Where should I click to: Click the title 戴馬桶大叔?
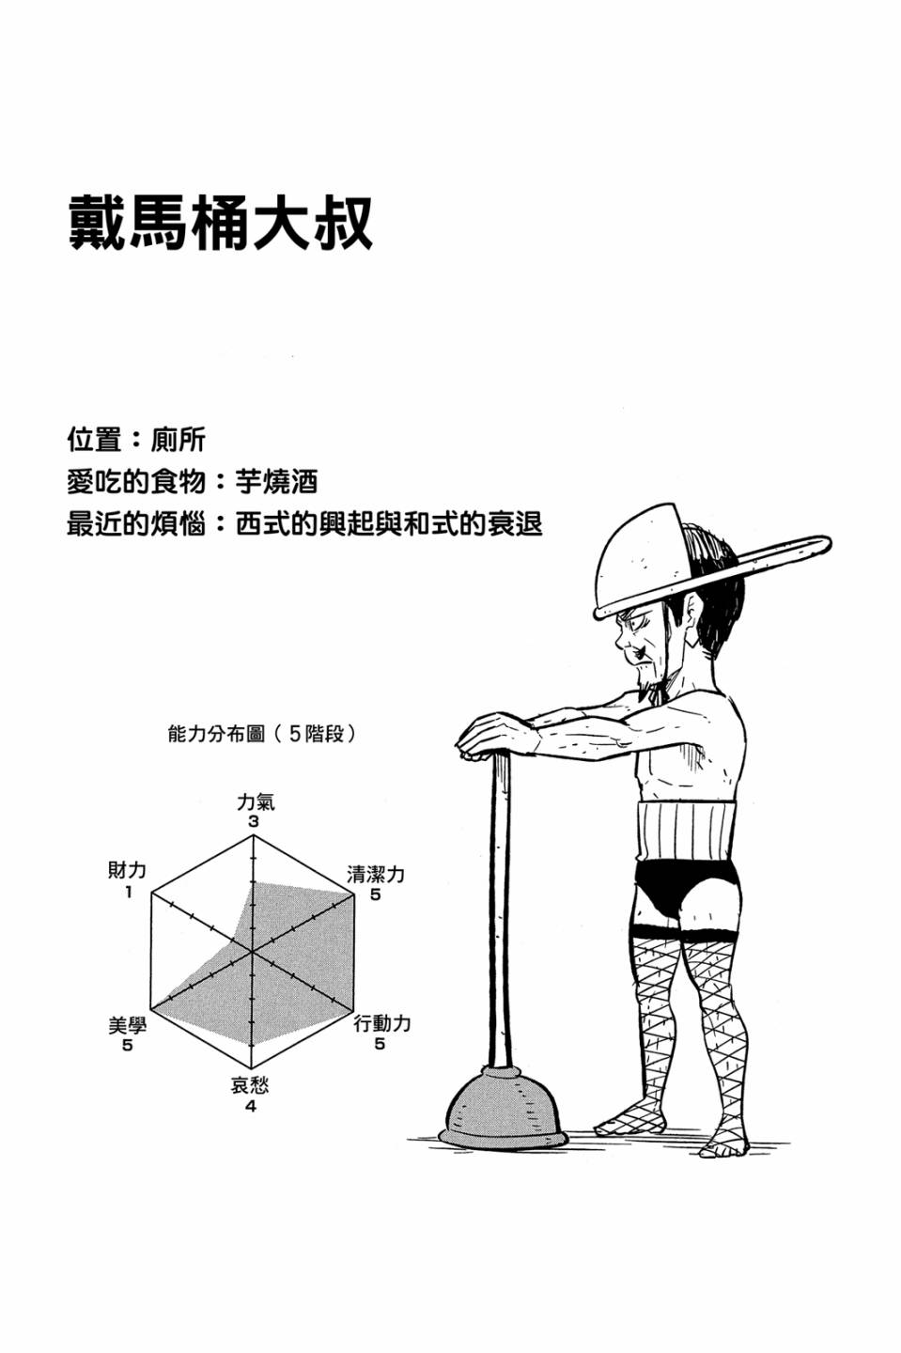[x=220, y=222]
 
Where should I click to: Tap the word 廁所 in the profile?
[x=178, y=440]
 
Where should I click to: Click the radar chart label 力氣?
[x=256, y=802]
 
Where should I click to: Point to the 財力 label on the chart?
[x=128, y=870]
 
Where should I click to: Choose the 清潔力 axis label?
[x=376, y=874]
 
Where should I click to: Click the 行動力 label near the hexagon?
[x=382, y=1023]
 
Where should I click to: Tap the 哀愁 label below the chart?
[x=250, y=1085]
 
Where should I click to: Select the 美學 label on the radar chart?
[x=128, y=1025]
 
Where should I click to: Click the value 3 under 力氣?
[x=254, y=821]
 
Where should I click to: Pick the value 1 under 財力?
[x=128, y=892]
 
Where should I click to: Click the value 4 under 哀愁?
[x=251, y=1105]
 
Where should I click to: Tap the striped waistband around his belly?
[x=688, y=832]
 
